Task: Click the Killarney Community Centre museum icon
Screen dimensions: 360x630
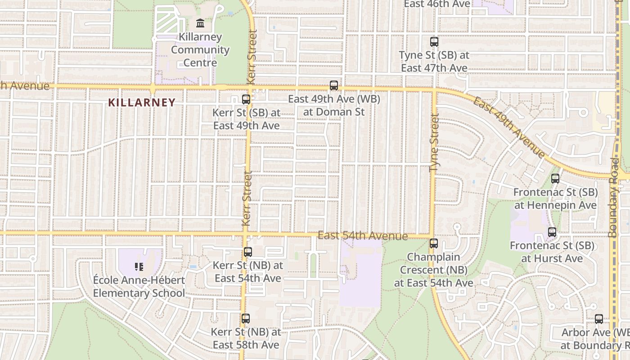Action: [x=200, y=23]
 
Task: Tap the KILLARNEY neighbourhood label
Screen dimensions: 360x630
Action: [x=141, y=103]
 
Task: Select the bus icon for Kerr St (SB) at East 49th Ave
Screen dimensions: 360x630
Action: [x=246, y=99]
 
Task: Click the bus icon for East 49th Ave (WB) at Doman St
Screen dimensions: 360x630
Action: [x=334, y=85]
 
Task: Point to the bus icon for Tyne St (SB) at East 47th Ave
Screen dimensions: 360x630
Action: [x=434, y=42]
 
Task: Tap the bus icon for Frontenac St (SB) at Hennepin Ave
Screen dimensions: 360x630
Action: [x=555, y=179]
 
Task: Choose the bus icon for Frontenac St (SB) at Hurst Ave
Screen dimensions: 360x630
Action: [x=552, y=232]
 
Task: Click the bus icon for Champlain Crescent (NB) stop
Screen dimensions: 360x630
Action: [x=434, y=243]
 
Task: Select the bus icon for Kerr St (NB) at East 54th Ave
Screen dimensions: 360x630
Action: [x=248, y=252]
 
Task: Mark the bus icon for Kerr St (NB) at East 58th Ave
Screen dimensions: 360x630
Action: [x=246, y=319]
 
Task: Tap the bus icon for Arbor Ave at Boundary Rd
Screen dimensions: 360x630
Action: [x=599, y=319]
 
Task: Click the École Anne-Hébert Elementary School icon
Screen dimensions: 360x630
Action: [x=139, y=267]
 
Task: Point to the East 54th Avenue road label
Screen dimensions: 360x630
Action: [x=363, y=236]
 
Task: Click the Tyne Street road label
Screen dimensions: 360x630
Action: [x=434, y=142]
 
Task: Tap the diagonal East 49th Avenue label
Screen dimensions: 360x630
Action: [x=509, y=127]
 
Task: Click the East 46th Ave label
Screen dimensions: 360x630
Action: [x=437, y=4]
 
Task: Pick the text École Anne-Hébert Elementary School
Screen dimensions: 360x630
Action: [x=139, y=287]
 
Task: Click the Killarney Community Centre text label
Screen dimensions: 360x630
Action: [x=200, y=49]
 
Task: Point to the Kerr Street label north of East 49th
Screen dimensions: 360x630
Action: [x=252, y=56]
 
